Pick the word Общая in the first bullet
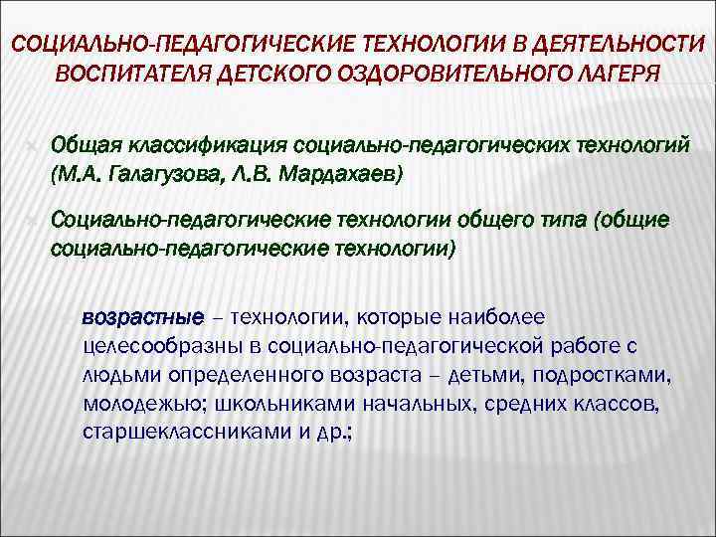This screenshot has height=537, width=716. click(x=83, y=146)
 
